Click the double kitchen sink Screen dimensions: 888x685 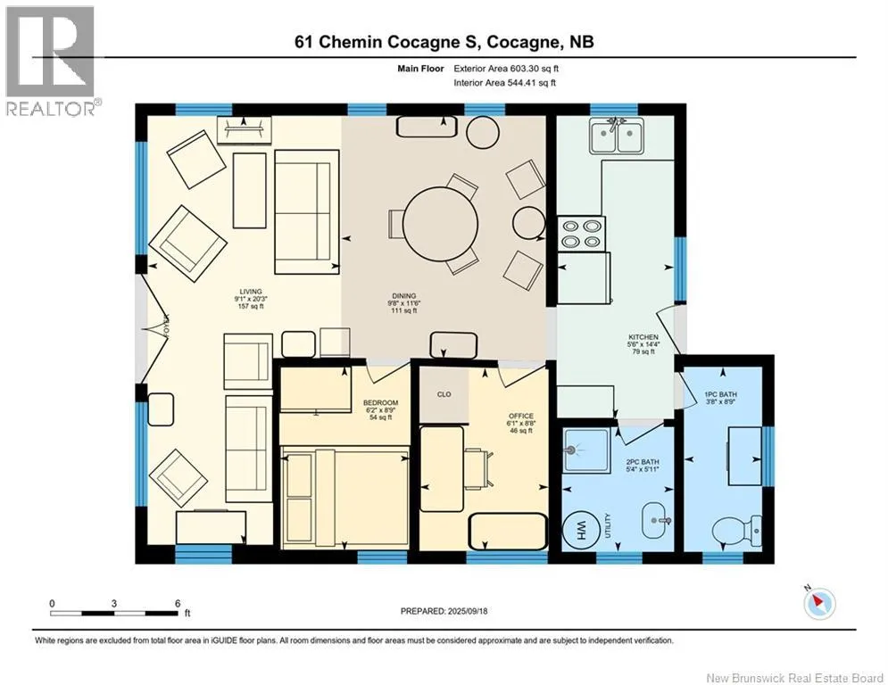click(x=616, y=136)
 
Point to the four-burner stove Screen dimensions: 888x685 click(x=581, y=234)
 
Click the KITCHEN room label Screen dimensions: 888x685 click(x=643, y=337)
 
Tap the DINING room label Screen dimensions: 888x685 click(x=403, y=295)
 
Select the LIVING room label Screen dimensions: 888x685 click(x=250, y=292)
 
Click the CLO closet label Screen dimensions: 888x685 click(x=444, y=394)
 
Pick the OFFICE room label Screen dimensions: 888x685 click(x=520, y=417)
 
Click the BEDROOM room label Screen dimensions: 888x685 click(x=380, y=403)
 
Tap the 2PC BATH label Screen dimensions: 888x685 click(x=643, y=462)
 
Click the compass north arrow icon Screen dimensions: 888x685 click(x=819, y=603)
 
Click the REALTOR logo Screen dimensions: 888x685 click(x=51, y=61)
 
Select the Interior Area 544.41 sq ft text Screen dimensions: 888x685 click(x=504, y=83)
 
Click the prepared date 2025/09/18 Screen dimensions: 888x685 click(x=468, y=611)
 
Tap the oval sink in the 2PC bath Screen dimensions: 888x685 click(x=658, y=520)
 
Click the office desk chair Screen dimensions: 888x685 click(x=478, y=469)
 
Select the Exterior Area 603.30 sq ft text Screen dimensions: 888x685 click(x=506, y=69)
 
